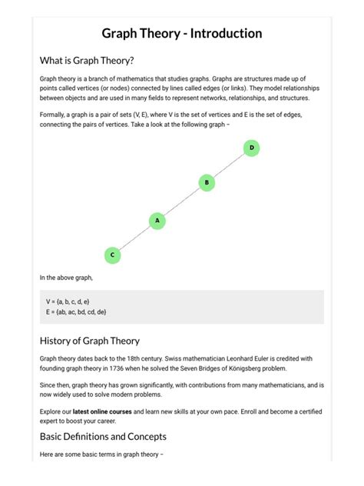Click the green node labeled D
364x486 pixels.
click(x=251, y=147)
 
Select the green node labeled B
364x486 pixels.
click(x=206, y=182)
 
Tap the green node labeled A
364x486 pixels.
click(x=157, y=221)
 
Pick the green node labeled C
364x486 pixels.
click(x=112, y=255)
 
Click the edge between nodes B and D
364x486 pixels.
click(x=229, y=165)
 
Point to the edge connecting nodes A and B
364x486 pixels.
click(x=182, y=201)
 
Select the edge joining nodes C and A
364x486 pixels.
click(x=135, y=238)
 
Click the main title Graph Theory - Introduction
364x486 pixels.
click(x=182, y=34)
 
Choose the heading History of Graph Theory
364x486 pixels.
click(x=89, y=341)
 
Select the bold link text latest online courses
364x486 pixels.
click(x=103, y=412)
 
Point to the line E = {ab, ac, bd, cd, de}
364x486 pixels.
click(x=76, y=311)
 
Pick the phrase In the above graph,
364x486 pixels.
click(x=66, y=277)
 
